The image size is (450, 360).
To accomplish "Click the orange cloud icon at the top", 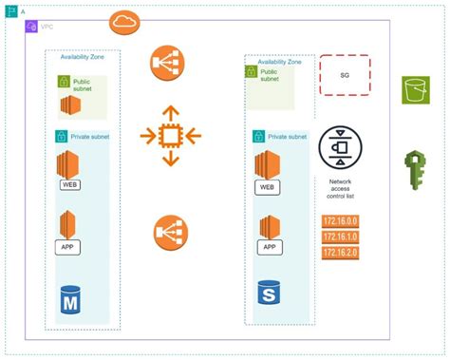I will tap(125, 21).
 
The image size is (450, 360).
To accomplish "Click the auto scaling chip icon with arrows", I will tap(170, 136).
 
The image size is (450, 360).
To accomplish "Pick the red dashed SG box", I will tap(345, 74).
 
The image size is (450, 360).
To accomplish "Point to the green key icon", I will tap(417, 170).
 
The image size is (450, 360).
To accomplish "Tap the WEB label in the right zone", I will tap(270, 187).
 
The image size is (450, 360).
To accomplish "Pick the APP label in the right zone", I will tap(270, 247).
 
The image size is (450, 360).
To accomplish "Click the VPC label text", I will tap(46, 27).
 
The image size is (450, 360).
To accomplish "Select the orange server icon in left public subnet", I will tap(70, 104).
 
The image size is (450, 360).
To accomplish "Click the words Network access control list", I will tap(340, 187).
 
